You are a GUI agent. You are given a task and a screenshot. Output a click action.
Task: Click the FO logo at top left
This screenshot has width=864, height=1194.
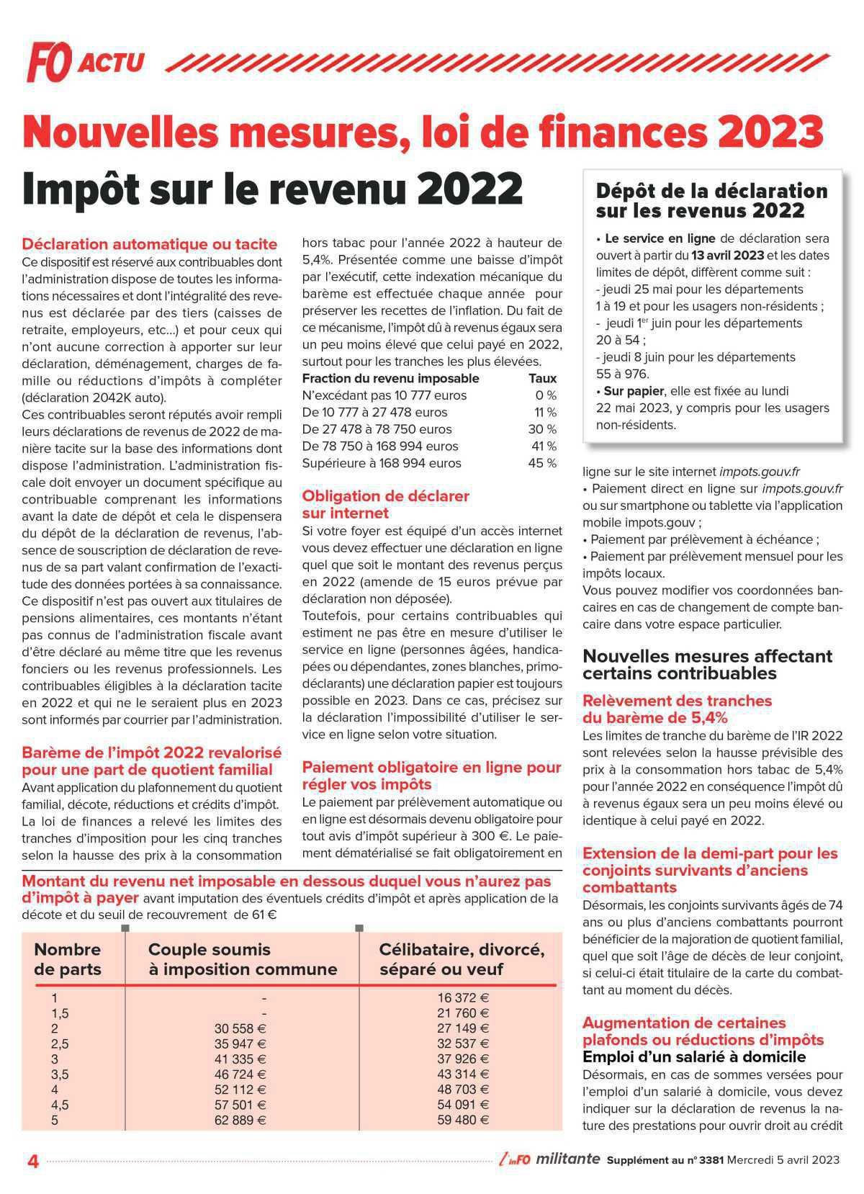coord(49,62)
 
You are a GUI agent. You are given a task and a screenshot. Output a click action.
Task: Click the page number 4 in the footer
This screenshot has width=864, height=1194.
coord(32,1161)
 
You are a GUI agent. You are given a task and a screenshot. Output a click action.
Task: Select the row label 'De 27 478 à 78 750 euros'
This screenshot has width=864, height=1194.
coord(377,429)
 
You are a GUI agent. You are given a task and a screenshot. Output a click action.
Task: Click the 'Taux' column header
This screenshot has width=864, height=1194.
coord(542,378)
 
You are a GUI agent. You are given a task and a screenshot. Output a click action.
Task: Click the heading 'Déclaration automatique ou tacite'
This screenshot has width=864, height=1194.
coord(149,244)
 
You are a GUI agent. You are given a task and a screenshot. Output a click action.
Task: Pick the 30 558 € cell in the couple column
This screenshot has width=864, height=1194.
coord(240,1028)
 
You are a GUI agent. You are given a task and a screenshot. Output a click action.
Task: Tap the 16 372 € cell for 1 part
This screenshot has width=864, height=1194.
coord(463,998)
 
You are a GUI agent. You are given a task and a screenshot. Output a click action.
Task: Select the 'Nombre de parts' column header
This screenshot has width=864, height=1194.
coord(68,959)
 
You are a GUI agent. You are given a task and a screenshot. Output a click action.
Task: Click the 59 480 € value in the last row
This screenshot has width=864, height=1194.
coord(463,1120)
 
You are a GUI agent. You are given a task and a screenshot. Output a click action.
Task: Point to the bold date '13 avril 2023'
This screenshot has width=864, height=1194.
coord(728,256)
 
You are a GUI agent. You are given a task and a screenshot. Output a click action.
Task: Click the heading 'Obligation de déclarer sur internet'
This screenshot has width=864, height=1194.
coord(385,504)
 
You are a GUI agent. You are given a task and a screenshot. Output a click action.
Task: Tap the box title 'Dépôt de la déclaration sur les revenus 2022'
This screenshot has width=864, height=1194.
coord(711,201)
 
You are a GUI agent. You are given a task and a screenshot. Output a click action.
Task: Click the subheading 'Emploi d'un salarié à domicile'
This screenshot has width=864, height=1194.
coord(693,1057)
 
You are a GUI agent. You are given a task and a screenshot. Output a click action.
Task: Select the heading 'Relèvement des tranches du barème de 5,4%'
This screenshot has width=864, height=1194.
coord(677,709)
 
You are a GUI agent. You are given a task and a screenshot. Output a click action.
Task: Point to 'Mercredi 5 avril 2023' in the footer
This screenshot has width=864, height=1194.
coord(783,1159)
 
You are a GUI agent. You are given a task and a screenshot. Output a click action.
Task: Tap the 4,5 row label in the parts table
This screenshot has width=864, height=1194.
coord(60,1105)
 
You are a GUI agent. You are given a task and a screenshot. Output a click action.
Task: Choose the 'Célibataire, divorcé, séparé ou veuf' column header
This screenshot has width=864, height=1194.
coord(461,959)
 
